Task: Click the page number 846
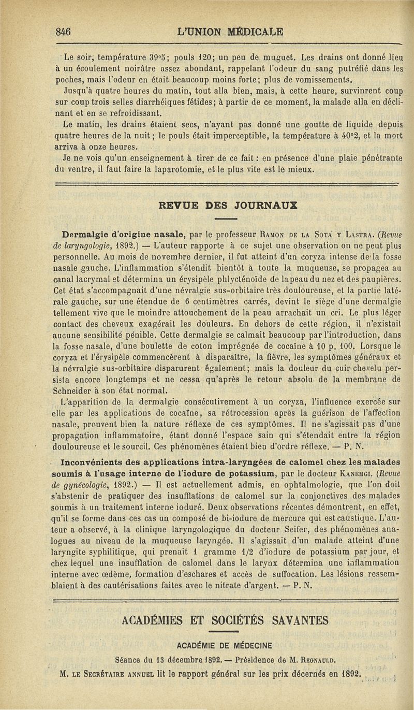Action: pos(64,31)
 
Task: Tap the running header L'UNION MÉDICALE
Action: pos(230,31)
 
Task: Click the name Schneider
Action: pos(80,389)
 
